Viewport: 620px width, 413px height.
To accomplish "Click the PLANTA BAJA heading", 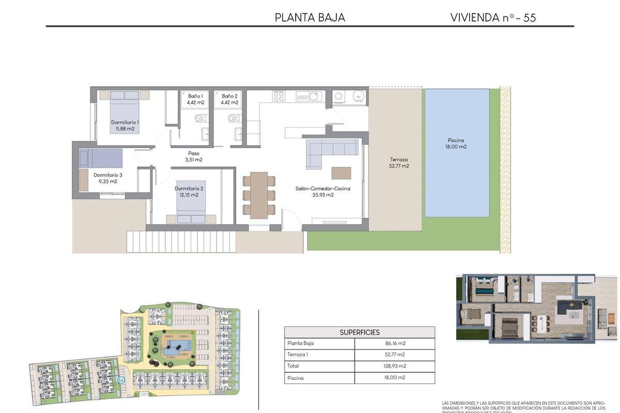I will [309, 18].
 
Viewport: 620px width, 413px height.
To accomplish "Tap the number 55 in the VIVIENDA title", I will [529, 18].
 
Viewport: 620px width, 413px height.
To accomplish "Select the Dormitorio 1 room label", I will [125, 125].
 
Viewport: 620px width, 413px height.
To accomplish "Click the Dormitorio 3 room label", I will [107, 178].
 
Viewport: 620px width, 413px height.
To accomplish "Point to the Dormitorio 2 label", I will [189, 192].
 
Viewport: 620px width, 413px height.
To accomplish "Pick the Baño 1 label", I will [195, 99].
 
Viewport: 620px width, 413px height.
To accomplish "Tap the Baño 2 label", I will [229, 99].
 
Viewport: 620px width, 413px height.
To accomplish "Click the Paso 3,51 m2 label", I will [194, 156].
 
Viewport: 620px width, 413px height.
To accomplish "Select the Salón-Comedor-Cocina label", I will [323, 192].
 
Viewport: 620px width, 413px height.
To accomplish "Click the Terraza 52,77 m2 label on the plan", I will [399, 163].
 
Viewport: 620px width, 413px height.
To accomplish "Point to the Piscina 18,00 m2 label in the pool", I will [456, 144].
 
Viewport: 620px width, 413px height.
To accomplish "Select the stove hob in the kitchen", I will [279, 96].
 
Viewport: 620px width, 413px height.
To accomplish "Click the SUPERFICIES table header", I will [359, 332].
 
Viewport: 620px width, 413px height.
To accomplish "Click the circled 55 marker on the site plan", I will [121, 379].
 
